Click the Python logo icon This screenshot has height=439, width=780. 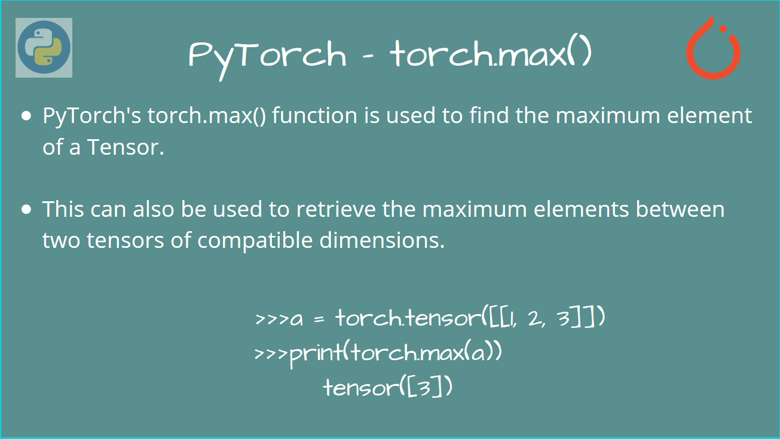click(44, 48)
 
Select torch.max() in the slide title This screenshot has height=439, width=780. click(491, 54)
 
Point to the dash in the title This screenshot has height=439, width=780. click(368, 56)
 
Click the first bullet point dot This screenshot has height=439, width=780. click(26, 116)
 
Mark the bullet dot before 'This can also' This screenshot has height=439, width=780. click(26, 210)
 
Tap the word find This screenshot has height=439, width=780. click(490, 115)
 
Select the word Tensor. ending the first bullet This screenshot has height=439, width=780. click(126, 147)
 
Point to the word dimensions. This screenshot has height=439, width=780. click(384, 241)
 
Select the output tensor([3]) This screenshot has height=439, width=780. click(387, 388)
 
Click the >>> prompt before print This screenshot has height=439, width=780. click(271, 354)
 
